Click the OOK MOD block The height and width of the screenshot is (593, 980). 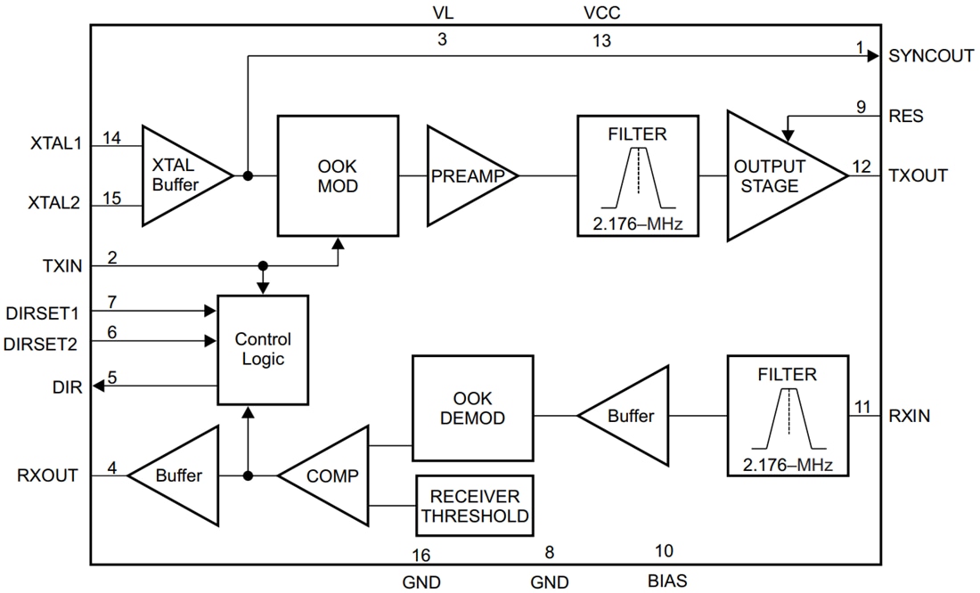point(339,175)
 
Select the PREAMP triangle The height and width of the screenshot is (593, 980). point(468,176)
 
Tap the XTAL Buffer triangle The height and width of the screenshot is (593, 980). point(183,175)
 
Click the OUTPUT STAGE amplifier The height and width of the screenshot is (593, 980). point(775,175)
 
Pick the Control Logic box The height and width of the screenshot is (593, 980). point(263,349)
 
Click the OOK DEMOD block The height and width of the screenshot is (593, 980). point(472,407)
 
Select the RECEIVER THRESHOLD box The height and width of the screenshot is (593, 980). point(475,505)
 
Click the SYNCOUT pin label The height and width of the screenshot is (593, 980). point(931,55)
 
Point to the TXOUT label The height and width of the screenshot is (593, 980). point(918,175)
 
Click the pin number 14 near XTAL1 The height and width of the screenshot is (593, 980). point(111,138)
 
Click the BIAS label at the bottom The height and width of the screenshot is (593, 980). point(667,581)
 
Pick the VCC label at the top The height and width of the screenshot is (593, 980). point(601,13)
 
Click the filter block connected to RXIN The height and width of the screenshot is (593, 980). point(787,416)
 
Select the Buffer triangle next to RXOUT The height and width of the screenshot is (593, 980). point(178,475)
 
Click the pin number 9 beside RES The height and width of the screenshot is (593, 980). point(861,107)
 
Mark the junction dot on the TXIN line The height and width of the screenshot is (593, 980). point(263,266)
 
